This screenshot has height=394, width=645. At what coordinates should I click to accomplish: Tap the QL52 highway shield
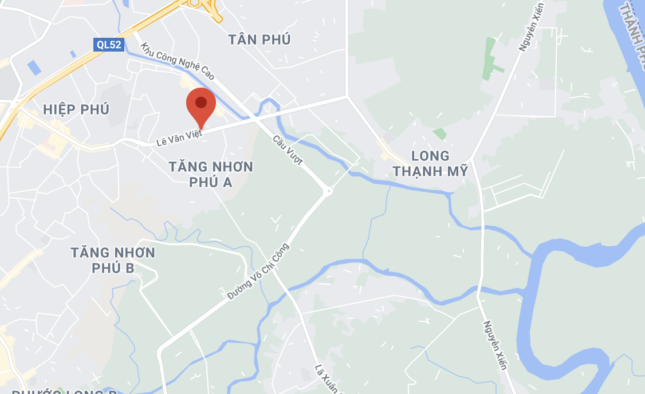click(109, 44)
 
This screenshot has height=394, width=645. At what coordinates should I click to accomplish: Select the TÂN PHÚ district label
click(259, 40)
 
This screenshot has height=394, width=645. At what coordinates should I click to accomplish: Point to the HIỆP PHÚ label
click(76, 109)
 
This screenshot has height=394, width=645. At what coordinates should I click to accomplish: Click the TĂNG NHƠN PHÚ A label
click(211, 174)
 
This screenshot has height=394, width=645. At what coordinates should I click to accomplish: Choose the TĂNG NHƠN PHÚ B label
click(113, 260)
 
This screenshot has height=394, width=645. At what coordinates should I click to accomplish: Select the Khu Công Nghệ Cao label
click(178, 61)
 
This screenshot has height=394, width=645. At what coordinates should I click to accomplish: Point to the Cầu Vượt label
click(288, 150)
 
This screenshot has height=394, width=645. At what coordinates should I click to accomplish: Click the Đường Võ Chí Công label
click(258, 271)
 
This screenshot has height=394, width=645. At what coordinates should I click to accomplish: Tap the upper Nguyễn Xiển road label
click(531, 26)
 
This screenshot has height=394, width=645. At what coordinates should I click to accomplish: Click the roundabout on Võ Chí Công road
click(328, 191)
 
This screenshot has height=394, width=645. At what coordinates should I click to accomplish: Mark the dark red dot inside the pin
click(201, 103)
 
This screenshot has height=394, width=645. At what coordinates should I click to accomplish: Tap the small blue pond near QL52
click(34, 68)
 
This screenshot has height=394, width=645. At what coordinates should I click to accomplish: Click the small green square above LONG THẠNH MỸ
click(439, 133)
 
